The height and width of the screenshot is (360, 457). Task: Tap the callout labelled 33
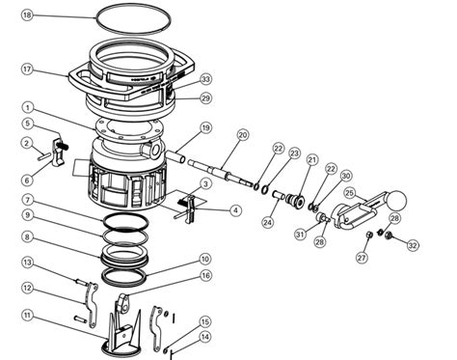[x=205, y=79]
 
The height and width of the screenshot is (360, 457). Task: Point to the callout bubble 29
[x=205, y=98]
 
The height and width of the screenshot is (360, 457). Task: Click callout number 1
[x=28, y=108]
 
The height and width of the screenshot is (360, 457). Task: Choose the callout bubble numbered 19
[x=205, y=127]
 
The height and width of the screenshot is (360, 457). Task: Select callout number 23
[x=295, y=152]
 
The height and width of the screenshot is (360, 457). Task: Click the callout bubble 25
[x=349, y=192]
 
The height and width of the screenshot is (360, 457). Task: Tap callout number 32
[x=413, y=246]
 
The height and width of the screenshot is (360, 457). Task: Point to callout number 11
[x=28, y=316]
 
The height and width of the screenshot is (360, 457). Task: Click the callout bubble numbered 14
[x=204, y=337]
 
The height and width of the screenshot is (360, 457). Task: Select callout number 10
[x=204, y=259]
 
